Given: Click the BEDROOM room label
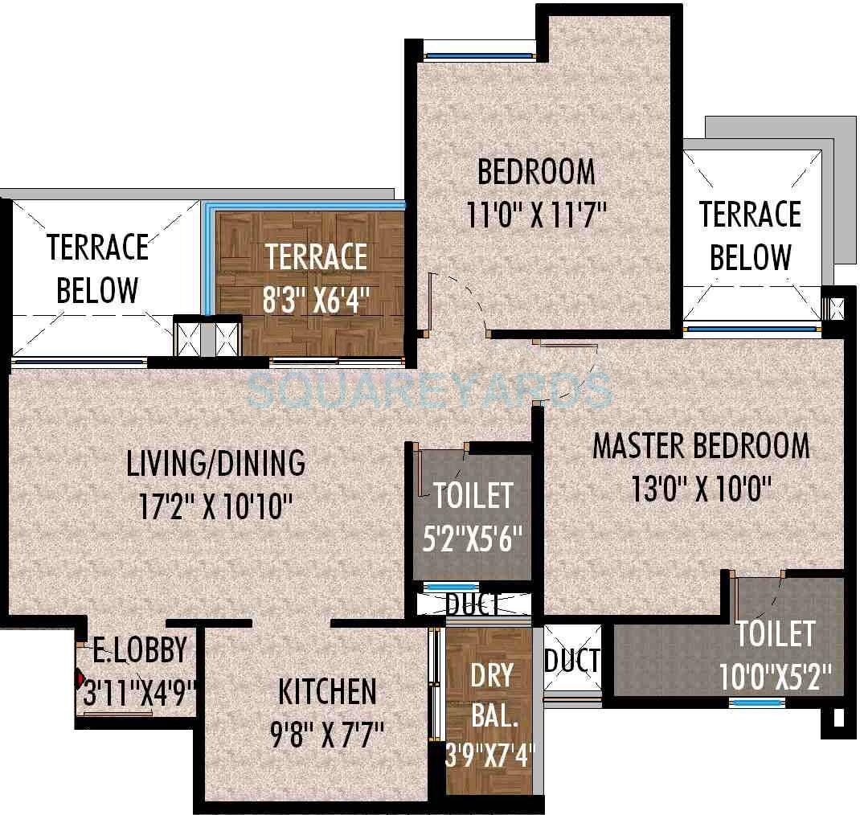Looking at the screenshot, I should pos(536,171).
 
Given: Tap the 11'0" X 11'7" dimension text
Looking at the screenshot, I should pos(536,215).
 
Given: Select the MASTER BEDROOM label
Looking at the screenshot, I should pos(701,445).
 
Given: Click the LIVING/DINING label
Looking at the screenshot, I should pos(216,463).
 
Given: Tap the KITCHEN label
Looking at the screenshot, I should pos(327,691).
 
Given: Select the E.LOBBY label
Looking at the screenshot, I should pos(140,649).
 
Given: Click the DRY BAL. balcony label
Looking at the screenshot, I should pos(491,695).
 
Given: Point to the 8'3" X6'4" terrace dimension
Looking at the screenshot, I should pos(316,301).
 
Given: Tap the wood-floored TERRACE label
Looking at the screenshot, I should pos(317,258).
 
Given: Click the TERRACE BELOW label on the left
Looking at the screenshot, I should pos(98,268).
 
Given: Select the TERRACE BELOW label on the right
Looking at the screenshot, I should pos(750,236).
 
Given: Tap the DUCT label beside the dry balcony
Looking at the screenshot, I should pos(571,661).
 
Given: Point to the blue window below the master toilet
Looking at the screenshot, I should pos(757,702).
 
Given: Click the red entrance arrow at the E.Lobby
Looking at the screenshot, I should pos(80,678).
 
